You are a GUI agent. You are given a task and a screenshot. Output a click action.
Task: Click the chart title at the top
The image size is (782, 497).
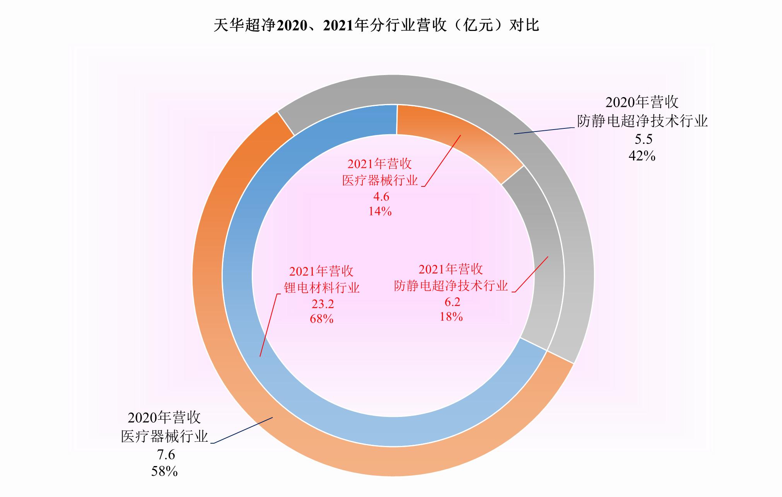click(376, 26)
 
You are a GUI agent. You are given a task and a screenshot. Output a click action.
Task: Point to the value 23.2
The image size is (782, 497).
click(323, 304)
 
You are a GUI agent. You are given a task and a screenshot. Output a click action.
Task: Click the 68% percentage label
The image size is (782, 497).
click(321, 319)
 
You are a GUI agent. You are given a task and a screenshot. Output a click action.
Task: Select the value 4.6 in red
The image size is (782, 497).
click(381, 196)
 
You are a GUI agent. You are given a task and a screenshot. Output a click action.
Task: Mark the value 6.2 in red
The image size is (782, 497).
click(452, 302)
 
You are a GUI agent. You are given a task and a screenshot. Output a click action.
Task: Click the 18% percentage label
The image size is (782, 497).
click(451, 316)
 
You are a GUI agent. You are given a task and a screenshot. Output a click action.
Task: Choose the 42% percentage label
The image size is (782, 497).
click(642, 155)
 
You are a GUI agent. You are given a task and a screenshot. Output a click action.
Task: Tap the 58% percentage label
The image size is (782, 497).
click(164, 471)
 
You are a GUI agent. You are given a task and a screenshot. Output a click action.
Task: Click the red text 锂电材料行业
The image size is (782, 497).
click(322, 287)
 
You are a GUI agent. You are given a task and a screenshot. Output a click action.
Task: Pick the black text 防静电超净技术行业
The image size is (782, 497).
click(642, 121)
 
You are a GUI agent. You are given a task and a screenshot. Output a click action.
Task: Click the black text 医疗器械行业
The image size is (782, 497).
click(165, 436)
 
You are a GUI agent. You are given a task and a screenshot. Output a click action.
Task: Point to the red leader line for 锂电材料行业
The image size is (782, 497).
click(268, 325)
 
